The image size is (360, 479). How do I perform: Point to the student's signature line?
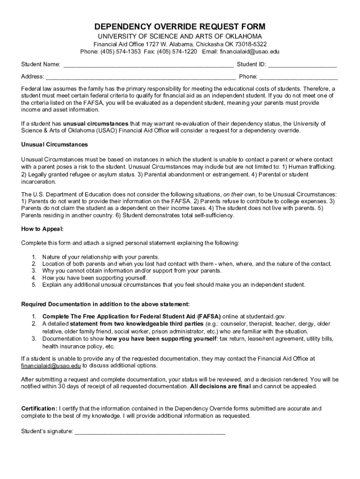coord(150,432)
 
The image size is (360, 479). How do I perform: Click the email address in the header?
coord(250,51)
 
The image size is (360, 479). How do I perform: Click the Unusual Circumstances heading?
coord(54,145)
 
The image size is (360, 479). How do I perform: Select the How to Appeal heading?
coord(42,229)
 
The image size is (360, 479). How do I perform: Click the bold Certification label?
coord(39,408)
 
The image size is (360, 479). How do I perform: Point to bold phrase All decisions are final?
coord(220,387)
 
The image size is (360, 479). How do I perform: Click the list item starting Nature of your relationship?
coord(101,257)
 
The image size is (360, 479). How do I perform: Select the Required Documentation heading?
coord(105,304)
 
